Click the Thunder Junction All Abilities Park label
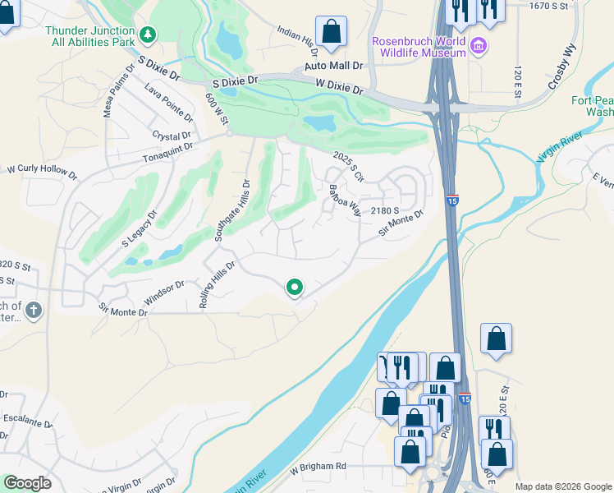click(x=90, y=36)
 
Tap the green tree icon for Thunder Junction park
click(x=148, y=35)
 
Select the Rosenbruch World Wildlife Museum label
click(x=419, y=47)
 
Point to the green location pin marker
click(x=295, y=287)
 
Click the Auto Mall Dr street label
click(x=333, y=65)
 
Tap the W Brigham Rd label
click(x=318, y=466)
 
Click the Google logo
click(x=27, y=483)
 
